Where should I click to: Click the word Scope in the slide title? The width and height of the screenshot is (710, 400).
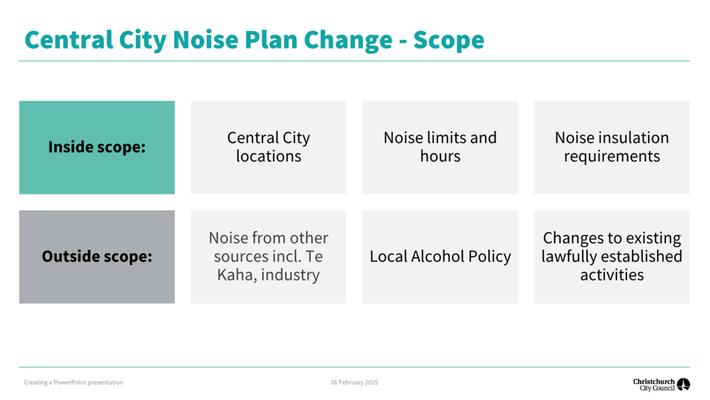pyautogui.click(x=448, y=40)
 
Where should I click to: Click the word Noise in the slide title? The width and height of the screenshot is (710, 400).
pyautogui.click(x=206, y=40)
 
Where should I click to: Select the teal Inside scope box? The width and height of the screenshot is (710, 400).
pyautogui.click(x=97, y=148)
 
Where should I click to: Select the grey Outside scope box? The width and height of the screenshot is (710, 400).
pyautogui.click(x=97, y=257)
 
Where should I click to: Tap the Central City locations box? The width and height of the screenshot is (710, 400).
pyautogui.click(x=268, y=148)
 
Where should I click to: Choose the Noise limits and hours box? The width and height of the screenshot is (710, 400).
pyautogui.click(x=440, y=148)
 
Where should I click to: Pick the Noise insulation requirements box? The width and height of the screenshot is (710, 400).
pyautogui.click(x=612, y=148)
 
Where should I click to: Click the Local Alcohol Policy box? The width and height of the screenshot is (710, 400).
pyautogui.click(x=440, y=257)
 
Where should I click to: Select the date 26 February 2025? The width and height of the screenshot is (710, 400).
pyautogui.click(x=355, y=382)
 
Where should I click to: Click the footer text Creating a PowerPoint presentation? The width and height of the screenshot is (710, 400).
pyautogui.click(x=74, y=382)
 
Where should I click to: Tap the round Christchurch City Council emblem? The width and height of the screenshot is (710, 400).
pyautogui.click(x=684, y=384)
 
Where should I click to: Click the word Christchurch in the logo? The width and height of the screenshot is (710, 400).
pyautogui.click(x=654, y=381)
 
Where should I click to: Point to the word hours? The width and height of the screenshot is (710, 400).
pyautogui.click(x=440, y=156)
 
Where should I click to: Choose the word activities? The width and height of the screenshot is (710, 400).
pyautogui.click(x=612, y=275)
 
